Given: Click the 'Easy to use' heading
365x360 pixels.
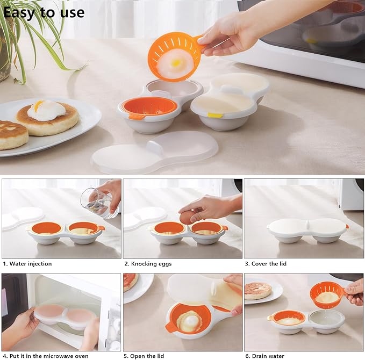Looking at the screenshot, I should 44,12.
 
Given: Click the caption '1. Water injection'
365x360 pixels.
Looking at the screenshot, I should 27,264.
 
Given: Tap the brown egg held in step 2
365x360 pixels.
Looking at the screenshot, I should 187,217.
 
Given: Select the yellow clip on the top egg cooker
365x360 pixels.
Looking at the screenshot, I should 215,115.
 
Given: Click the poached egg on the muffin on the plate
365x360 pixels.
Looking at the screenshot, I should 46,110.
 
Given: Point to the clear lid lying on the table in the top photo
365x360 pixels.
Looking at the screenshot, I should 155,152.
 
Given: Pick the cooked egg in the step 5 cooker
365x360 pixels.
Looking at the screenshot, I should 188,321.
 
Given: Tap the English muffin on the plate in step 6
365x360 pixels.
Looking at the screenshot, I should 258,290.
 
